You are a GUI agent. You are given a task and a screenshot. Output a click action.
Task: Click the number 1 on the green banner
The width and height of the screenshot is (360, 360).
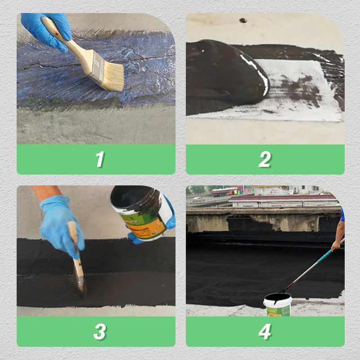tap(99, 159)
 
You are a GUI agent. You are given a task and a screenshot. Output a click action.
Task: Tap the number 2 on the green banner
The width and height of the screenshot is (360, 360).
tap(265, 159)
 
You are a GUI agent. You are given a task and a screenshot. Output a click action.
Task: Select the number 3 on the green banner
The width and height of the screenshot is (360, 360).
tap(99, 332)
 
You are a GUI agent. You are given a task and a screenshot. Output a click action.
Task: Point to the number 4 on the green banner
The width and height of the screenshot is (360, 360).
tap(265, 332)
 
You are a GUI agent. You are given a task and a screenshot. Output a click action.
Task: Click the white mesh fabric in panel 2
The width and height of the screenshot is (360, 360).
tap(306, 90)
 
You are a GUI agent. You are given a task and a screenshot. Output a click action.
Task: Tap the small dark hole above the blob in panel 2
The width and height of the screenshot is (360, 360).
tap(243, 20)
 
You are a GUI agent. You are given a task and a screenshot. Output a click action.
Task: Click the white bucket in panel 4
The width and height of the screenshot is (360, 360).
tap(277, 306)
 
